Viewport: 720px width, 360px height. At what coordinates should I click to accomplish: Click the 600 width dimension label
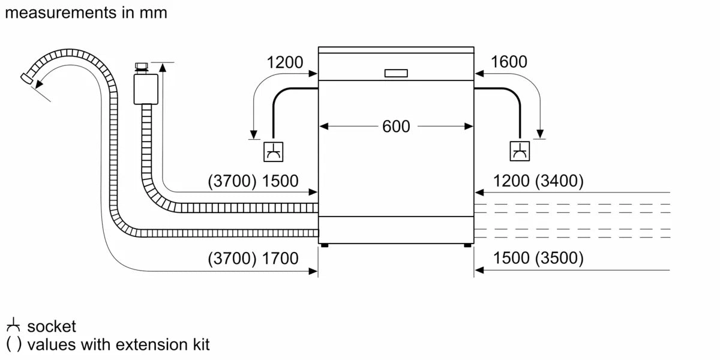(x=396, y=127)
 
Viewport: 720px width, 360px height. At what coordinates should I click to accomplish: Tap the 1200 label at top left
(x=285, y=62)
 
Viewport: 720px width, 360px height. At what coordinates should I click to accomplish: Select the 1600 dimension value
(x=509, y=62)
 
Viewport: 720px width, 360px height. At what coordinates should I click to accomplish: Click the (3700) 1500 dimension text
(x=253, y=181)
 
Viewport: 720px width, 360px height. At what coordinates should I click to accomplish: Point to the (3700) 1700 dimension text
(x=253, y=259)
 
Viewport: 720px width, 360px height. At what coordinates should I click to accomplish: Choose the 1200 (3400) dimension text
(x=538, y=181)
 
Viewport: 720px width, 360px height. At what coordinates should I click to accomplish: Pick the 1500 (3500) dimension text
(x=538, y=259)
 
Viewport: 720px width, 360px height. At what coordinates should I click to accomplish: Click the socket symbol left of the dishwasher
(x=274, y=152)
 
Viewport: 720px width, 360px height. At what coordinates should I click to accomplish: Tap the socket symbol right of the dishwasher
(x=520, y=152)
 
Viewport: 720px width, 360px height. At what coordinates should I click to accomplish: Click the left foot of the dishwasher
(x=325, y=245)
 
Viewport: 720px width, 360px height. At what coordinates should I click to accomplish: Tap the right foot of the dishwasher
(x=467, y=245)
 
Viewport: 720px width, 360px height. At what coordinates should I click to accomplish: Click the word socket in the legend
(x=52, y=327)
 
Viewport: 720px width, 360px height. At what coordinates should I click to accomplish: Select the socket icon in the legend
(x=14, y=326)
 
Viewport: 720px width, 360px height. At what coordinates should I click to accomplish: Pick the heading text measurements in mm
(x=86, y=13)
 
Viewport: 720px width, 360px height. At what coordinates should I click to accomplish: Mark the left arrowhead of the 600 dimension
(x=323, y=127)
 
